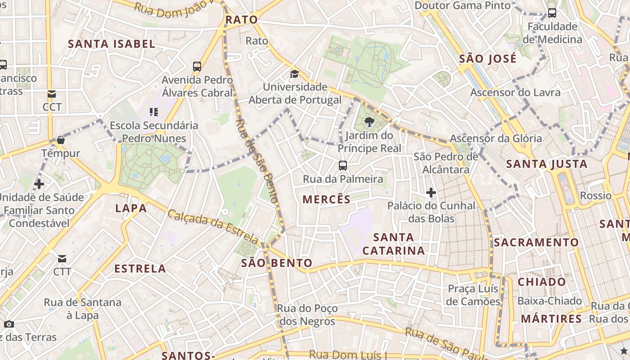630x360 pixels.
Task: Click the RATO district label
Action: (241, 20)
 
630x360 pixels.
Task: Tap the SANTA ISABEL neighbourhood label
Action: (112, 44)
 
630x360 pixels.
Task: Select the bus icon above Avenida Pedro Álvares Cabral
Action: (197, 67)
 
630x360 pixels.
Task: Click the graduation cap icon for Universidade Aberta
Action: (294, 74)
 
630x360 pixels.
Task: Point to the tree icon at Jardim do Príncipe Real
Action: (369, 121)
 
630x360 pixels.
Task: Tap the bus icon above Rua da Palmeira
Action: (343, 166)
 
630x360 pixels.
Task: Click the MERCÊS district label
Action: (326, 199)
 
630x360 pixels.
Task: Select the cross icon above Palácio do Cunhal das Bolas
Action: (431, 193)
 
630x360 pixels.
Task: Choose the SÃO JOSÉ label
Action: (488, 59)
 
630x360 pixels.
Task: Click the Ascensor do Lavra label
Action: (515, 93)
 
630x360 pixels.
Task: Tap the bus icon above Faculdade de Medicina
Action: (552, 13)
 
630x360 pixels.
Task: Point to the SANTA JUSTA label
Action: (547, 164)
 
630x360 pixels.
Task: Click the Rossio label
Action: (595, 196)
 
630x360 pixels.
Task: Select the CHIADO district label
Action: (542, 282)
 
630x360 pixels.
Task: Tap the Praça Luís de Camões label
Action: (473, 295)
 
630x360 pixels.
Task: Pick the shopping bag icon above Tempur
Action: (61, 140)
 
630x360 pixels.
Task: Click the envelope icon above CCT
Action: (52, 94)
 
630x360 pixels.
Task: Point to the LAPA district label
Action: (131, 208)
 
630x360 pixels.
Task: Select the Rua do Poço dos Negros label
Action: (307, 315)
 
